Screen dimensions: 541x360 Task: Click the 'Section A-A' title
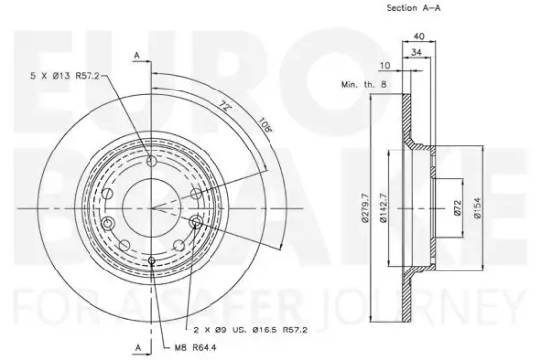coord(413,8)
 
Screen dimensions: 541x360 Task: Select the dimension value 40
coord(419,36)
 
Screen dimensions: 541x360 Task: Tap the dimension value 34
coord(417,52)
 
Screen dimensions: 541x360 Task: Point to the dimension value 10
coord(385,65)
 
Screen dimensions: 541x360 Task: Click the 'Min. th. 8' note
coord(364,84)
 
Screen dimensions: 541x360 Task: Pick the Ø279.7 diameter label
coord(365,209)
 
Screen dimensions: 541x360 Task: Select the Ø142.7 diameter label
coord(384,208)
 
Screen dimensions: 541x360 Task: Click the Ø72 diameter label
coord(457,209)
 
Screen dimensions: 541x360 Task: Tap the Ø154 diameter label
coord(477,208)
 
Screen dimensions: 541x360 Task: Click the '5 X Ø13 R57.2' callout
coord(65,75)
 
